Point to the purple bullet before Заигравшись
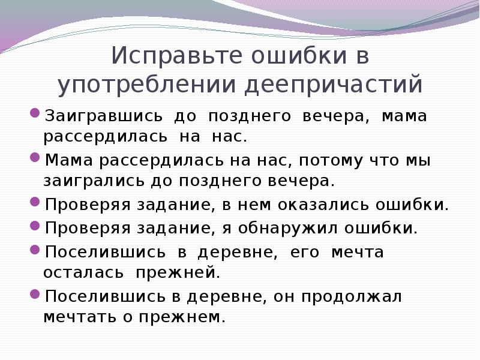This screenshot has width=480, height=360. click(35, 114)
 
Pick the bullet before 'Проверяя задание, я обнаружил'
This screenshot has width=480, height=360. click(35, 227)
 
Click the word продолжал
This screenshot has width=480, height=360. click(352, 296)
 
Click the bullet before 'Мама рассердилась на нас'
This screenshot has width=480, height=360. click(35, 159)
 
